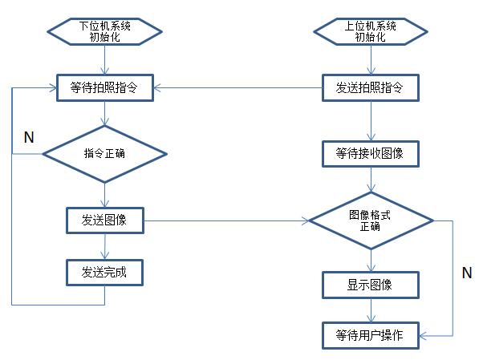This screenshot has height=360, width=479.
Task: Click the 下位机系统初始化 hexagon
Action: point(104,31)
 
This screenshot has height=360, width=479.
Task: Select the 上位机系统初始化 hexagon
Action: point(370,31)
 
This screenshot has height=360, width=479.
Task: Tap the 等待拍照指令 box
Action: point(104,88)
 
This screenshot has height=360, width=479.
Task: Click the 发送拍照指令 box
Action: point(370,88)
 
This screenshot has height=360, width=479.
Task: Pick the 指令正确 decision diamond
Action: point(104,153)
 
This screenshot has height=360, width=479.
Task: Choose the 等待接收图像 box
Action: point(370,153)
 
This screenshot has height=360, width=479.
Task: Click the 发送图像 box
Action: point(104,220)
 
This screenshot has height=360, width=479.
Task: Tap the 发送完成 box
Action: point(104,273)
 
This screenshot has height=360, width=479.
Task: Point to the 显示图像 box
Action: point(370,284)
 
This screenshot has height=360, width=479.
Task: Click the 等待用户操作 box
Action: point(370,334)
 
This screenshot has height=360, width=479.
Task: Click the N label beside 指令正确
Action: point(29,137)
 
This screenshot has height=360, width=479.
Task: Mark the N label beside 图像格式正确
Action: point(466,273)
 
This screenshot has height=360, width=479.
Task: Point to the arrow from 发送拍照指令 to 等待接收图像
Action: point(370,121)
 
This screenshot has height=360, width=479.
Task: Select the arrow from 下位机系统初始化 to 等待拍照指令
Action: point(104,61)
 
